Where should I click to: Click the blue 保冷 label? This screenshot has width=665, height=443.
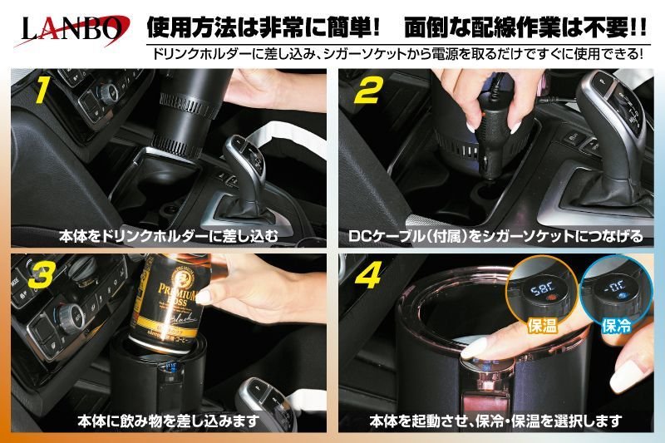616,325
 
